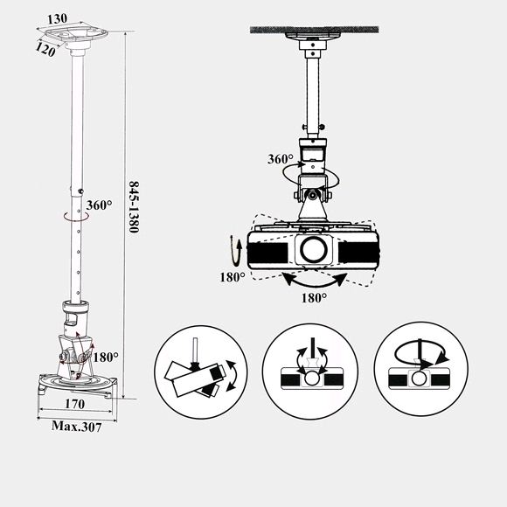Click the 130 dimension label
coord(57,18)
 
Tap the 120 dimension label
coord(45,50)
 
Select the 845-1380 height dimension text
coord(134,206)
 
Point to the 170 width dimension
coord(75,404)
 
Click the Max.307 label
coord(77,427)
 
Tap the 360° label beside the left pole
coord(99,205)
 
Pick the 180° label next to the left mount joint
coord(106,357)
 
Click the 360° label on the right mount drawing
coord(281,159)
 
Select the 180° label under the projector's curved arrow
coord(314,298)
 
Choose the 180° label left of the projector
coord(233,277)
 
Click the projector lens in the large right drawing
coord(313,249)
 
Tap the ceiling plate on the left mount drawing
coord(76,34)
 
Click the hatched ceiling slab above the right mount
coord(315,30)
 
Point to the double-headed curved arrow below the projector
coord(315,284)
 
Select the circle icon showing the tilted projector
coord(201,372)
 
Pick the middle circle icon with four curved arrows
coord(310,372)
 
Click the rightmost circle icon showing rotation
coord(420,369)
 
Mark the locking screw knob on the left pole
coord(80,191)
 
